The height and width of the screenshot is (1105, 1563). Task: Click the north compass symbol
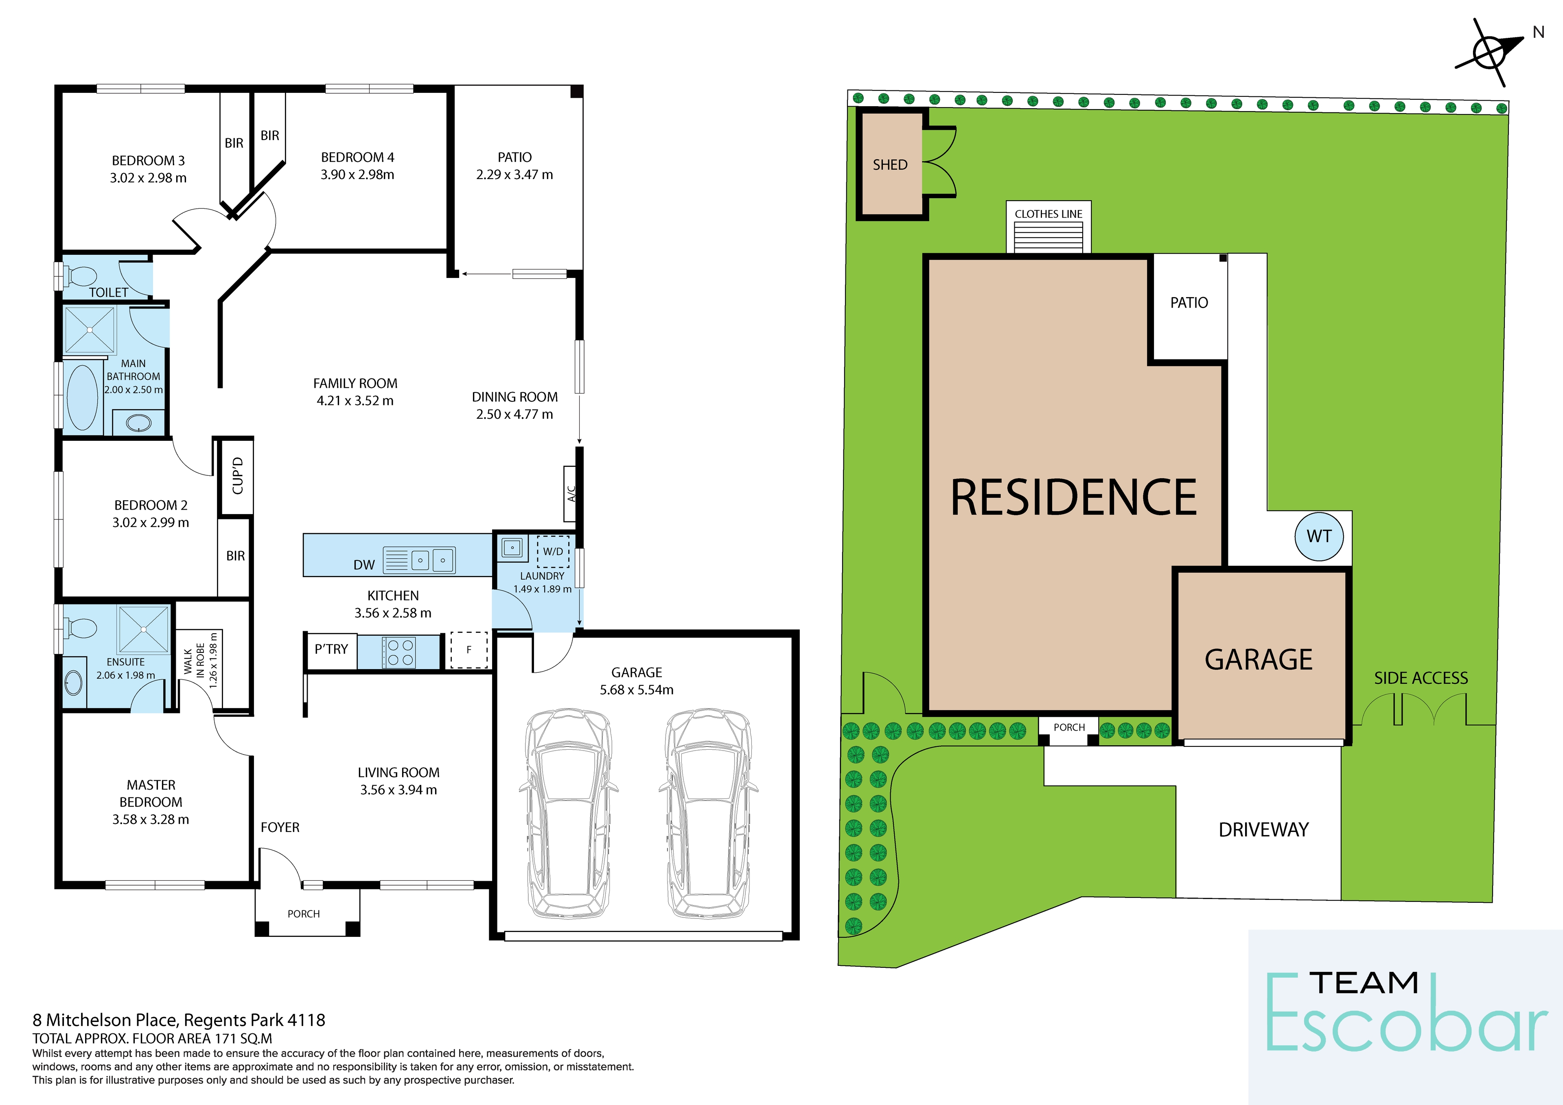1489,53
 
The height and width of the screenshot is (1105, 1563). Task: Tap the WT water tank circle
1319,536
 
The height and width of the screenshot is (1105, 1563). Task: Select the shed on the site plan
891,165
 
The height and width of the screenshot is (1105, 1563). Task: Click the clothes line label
1049,214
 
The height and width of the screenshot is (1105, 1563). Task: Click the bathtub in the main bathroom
82,398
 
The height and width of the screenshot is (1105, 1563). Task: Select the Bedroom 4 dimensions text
357,174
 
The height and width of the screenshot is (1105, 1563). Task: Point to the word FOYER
280,827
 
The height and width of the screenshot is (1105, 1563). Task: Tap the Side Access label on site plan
1421,678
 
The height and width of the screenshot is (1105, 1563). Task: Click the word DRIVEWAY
1263,830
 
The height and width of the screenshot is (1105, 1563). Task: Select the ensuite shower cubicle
144,630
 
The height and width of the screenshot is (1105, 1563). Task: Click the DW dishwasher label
364,565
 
